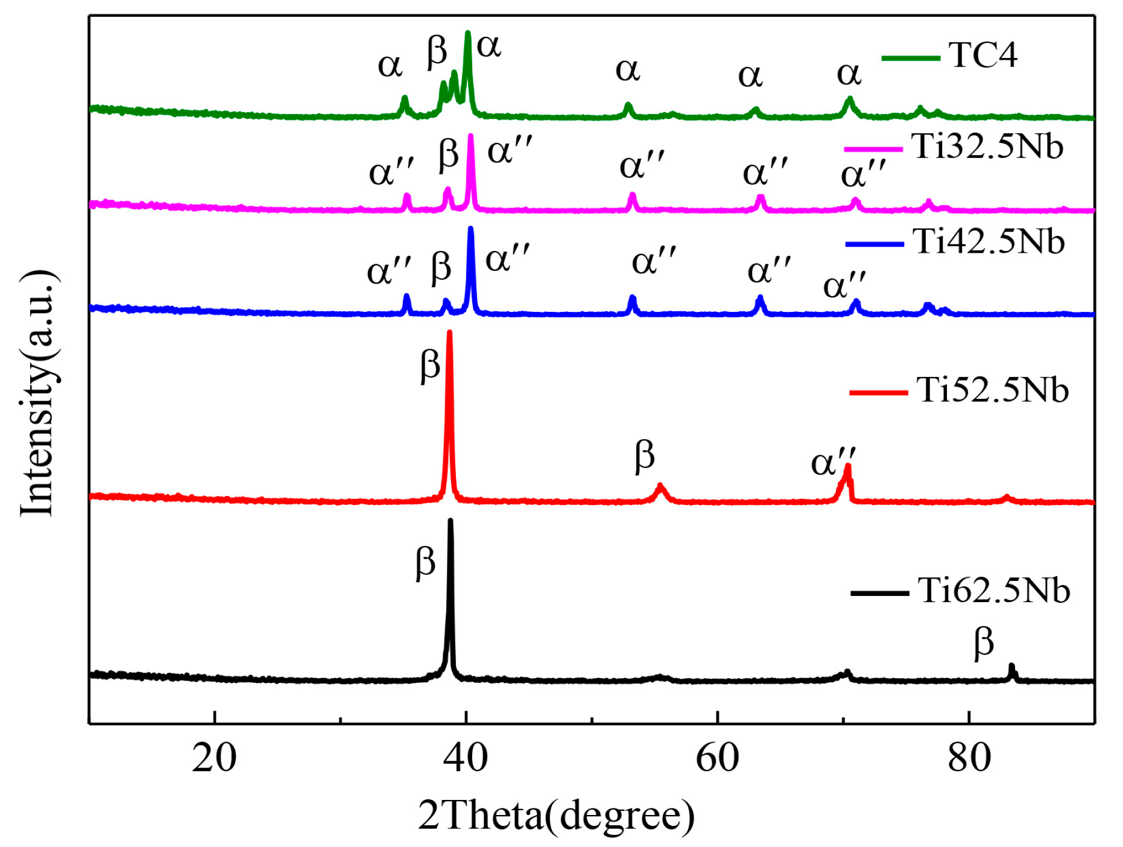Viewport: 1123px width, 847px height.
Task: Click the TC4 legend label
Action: point(982,56)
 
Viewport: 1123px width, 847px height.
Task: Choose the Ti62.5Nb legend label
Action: point(993,590)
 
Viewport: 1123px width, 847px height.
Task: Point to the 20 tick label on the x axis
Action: point(214,758)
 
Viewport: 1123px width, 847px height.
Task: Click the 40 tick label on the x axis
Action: point(466,758)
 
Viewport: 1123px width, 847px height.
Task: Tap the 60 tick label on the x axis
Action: point(717,758)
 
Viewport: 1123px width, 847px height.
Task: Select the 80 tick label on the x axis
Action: point(969,758)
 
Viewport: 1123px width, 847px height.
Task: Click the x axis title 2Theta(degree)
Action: point(556,816)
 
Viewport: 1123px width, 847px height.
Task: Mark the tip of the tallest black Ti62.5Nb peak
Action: point(450,521)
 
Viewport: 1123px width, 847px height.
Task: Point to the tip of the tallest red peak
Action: point(449,332)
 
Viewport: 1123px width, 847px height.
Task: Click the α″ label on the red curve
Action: point(833,462)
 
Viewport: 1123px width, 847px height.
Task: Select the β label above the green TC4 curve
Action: point(437,51)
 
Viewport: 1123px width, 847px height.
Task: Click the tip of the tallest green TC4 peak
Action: point(467,33)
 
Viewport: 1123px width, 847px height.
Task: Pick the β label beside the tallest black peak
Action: point(425,563)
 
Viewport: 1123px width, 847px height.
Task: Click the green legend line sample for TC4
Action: point(910,58)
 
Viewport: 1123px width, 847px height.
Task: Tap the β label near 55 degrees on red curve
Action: point(644,455)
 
